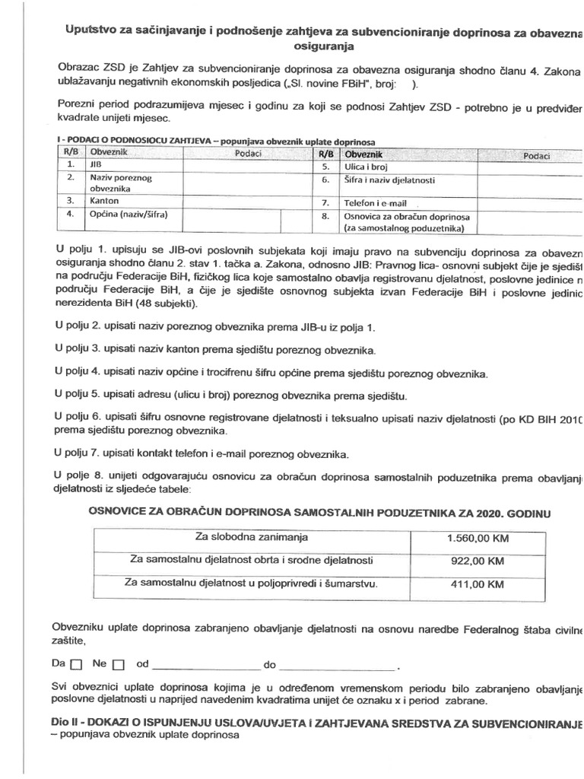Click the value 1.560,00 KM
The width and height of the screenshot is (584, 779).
coord(478,538)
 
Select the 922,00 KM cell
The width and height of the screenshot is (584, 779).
coord(478,561)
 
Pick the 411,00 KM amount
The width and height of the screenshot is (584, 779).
coord(478,584)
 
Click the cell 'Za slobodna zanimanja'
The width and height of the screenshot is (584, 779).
coord(251,537)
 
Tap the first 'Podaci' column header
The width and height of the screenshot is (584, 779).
coord(249,153)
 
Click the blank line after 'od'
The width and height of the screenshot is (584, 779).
coord(205,666)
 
